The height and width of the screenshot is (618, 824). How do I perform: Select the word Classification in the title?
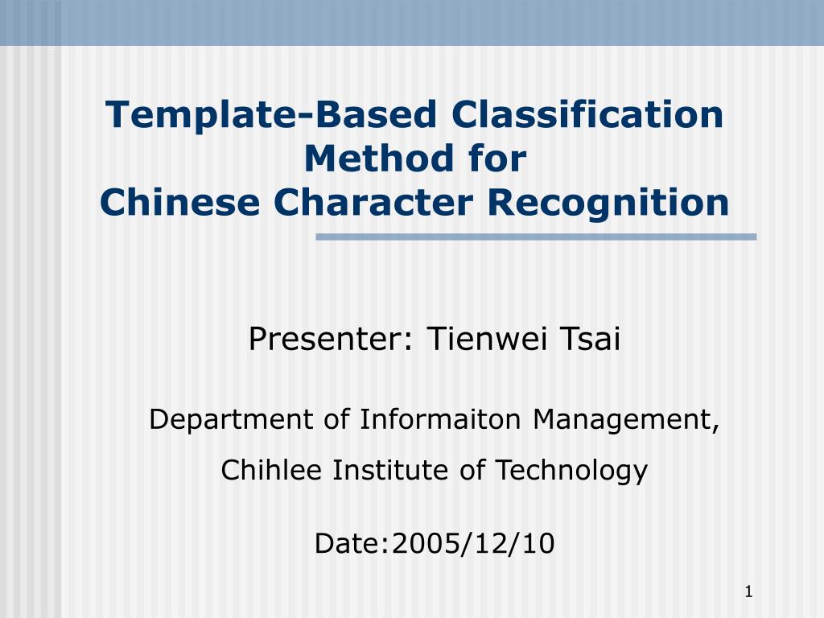tap(587, 113)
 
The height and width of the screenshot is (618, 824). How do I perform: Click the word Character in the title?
tap(373, 202)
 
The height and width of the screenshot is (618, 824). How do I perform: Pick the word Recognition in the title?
tap(608, 204)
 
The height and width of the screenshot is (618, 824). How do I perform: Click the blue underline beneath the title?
tap(536, 237)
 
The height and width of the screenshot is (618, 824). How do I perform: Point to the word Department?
tap(232, 420)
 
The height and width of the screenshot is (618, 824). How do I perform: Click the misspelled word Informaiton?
tap(440, 418)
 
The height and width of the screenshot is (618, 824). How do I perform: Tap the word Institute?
tap(390, 469)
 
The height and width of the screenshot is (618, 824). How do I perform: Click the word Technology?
tap(572, 471)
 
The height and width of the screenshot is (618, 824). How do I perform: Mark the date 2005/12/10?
tap(473, 543)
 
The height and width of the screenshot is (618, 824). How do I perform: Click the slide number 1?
tap(749, 592)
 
